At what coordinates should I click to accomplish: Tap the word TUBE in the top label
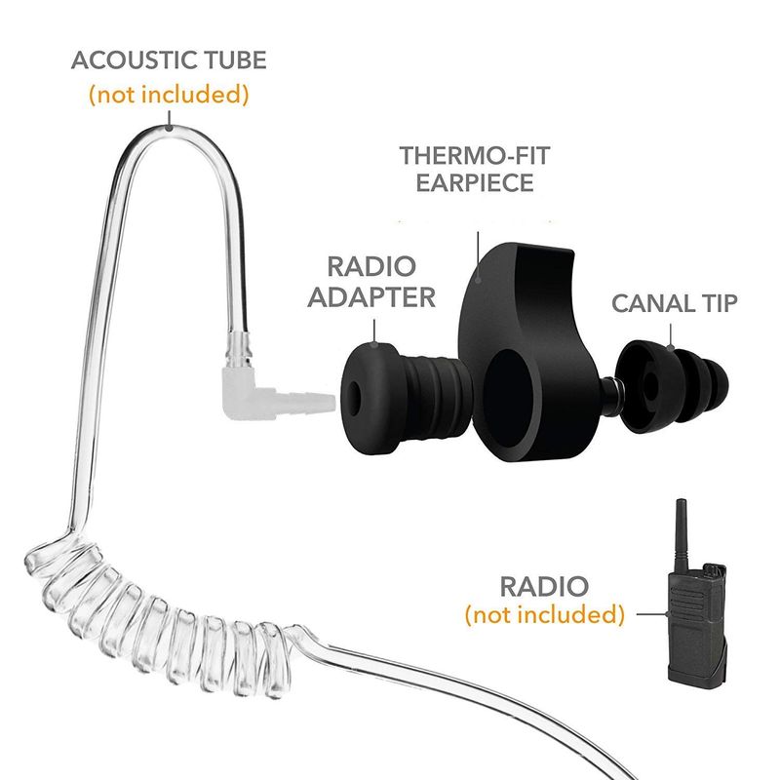(227, 60)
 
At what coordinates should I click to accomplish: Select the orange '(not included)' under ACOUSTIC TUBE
(169, 94)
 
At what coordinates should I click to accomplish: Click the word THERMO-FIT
(475, 156)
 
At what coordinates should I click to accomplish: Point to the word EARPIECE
(475, 182)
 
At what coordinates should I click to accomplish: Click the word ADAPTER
(371, 297)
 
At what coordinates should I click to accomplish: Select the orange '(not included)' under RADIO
(545, 614)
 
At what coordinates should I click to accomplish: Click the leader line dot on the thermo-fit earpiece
(478, 280)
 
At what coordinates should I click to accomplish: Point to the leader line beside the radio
(652, 614)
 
